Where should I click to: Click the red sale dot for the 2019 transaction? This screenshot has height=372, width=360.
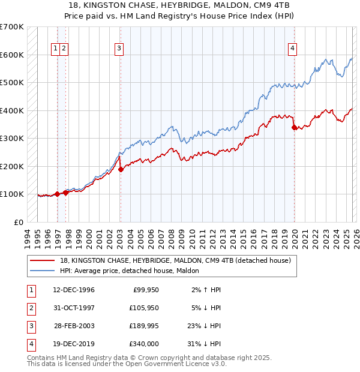point(294,127)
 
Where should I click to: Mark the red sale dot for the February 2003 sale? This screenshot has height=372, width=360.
point(121,169)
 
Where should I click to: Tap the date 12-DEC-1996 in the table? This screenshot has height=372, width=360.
point(74,290)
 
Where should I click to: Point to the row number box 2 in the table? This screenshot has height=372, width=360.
point(31,308)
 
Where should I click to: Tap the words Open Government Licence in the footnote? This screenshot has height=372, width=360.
point(170,364)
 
